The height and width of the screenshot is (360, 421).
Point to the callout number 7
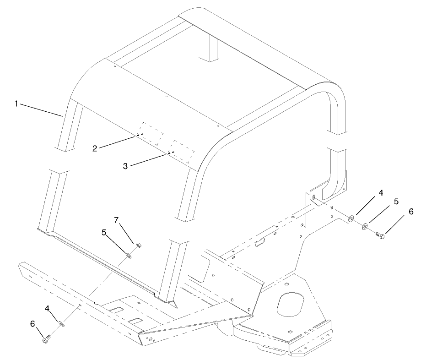coord(116,221)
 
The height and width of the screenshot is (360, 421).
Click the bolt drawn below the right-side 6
coord(379,235)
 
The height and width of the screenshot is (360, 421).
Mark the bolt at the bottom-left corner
coord(47,339)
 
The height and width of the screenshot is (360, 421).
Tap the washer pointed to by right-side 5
coord(365,226)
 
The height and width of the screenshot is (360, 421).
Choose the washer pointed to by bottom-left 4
coord(61,324)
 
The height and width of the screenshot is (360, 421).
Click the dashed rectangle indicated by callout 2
coord(151,134)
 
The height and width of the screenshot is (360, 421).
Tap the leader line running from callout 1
coord(41,110)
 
